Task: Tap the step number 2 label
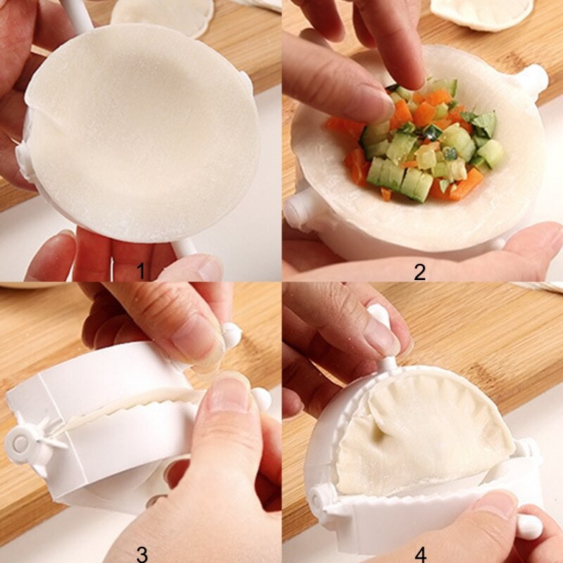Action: pos(419,271)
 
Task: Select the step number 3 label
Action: pos(143,554)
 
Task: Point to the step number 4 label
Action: pos(420,554)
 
